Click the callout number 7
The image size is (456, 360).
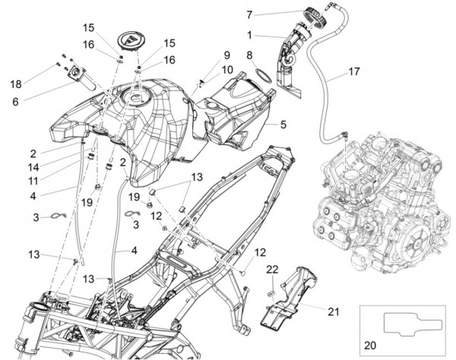(249, 14)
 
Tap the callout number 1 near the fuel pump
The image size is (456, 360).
(249, 34)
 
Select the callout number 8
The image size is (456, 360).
(249, 55)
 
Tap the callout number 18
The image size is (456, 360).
(16, 83)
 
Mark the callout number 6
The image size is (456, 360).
(16, 99)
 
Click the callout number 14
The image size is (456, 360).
(55, 166)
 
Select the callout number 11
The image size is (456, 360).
(55, 181)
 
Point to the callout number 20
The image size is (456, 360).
(370, 343)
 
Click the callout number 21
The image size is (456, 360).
(334, 310)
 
